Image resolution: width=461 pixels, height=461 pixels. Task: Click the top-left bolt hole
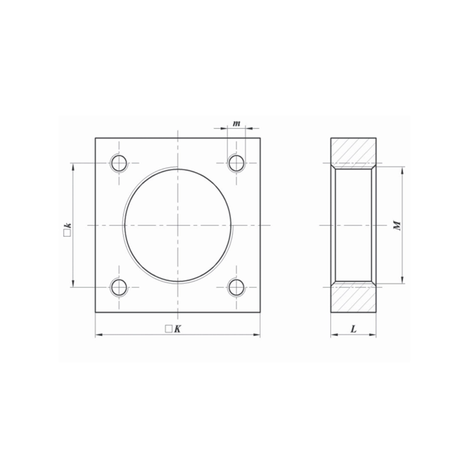click(119, 163)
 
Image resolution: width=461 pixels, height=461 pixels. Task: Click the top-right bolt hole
click(236, 163)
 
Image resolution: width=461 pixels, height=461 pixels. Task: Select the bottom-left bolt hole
click(119, 287)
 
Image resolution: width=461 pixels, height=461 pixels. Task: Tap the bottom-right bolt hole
click(236, 287)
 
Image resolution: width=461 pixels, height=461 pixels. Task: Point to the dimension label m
click(236, 123)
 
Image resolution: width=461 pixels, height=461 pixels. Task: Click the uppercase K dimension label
click(177, 329)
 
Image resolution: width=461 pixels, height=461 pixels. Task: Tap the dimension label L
click(354, 329)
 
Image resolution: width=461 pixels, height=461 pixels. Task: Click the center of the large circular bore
click(178, 225)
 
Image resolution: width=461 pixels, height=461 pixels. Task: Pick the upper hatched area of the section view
click(353, 151)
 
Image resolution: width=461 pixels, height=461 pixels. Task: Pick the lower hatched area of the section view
click(353, 298)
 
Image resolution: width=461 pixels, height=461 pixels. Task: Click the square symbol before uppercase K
click(169, 329)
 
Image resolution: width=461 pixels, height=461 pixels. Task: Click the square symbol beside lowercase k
click(67, 234)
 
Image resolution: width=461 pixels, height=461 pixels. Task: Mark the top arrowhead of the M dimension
click(403, 170)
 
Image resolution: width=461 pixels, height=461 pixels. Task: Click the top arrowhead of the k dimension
click(72, 166)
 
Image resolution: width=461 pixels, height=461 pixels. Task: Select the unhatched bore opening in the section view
click(353, 225)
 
